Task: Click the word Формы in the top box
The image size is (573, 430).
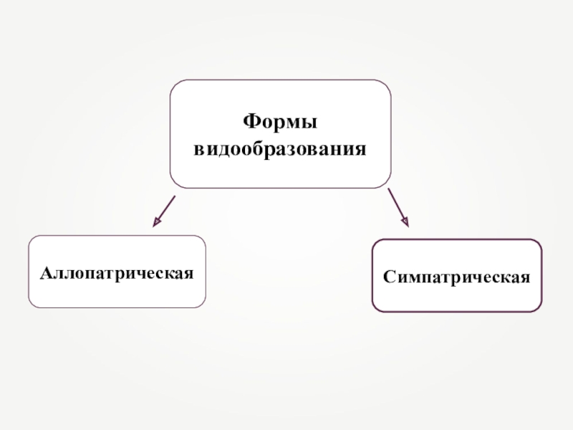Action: tap(280, 121)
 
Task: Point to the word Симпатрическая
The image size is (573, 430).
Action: tap(456, 276)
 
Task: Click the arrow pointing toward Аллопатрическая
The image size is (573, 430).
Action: tap(164, 210)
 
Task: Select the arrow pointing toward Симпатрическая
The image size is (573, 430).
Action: tap(398, 208)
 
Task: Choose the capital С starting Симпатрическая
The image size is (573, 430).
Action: tap(387, 276)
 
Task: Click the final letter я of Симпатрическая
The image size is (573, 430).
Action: tap(526, 277)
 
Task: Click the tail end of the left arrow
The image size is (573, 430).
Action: tap(174, 195)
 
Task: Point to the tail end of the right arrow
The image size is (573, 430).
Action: tap(389, 191)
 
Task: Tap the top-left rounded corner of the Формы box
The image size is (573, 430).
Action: tap(175, 85)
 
